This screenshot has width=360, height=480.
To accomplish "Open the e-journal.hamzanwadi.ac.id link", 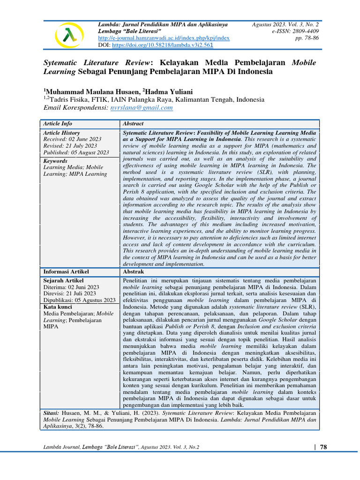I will click(164, 38).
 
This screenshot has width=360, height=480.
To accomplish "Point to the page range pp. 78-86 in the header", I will click(307, 38).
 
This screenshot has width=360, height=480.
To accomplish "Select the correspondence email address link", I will click(142, 107).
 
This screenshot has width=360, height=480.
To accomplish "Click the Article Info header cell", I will click(58, 124).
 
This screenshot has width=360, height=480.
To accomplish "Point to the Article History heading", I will click(63, 133).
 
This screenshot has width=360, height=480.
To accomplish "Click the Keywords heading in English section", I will click(55, 160).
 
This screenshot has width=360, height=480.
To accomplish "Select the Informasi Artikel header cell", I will click(66, 271).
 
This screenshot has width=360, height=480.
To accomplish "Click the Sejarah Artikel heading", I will click(63, 281).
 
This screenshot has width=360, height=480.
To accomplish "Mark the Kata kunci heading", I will click(59, 307).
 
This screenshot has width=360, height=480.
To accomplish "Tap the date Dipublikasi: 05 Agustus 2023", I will click(79, 300).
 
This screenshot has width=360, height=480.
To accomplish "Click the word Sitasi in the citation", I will click(51, 414).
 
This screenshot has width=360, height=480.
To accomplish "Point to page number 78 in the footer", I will click(323, 447).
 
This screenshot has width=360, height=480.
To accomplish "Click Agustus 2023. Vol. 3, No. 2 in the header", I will click(285, 24).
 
